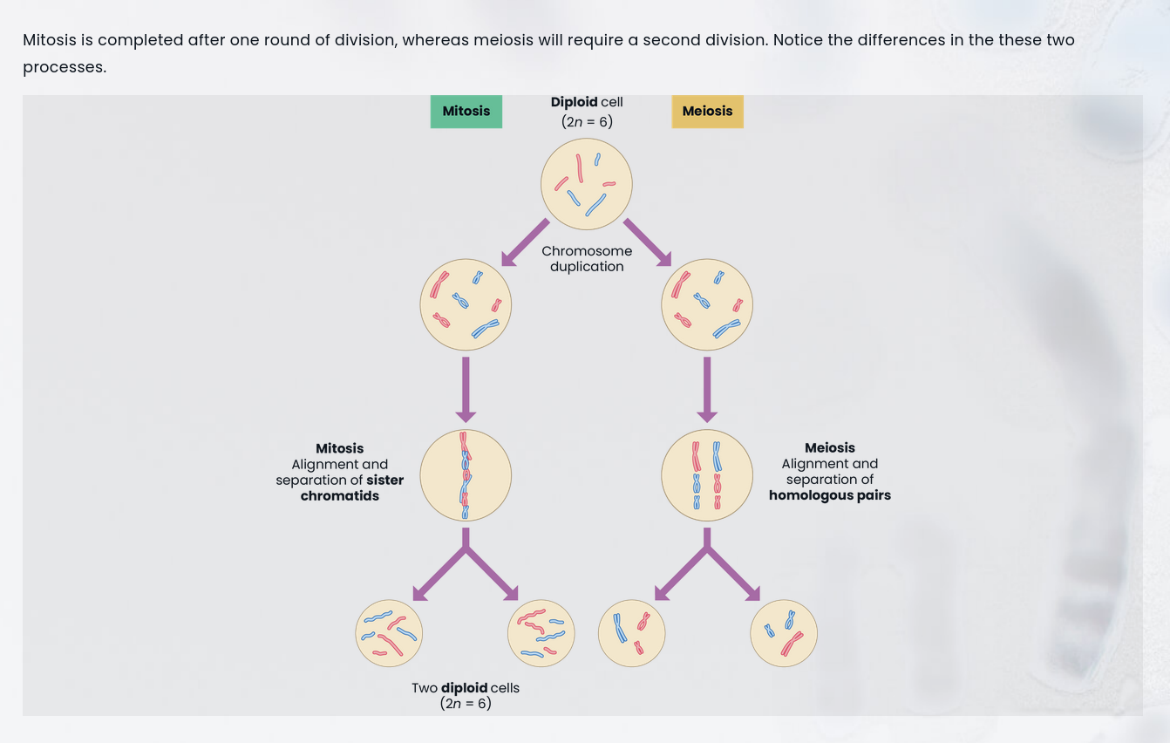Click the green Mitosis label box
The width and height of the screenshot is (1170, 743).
pyautogui.click(x=466, y=112)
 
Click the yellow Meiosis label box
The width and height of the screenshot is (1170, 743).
pyautogui.click(x=707, y=112)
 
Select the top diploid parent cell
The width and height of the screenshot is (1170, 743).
pyautogui.click(x=586, y=184)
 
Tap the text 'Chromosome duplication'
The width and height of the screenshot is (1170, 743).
pyautogui.click(x=587, y=259)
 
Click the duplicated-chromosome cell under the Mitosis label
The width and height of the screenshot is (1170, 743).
pyautogui.click(x=466, y=304)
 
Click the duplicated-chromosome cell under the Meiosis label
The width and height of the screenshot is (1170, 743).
pyautogui.click(x=706, y=304)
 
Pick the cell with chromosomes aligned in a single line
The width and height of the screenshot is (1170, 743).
pyautogui.click(x=466, y=475)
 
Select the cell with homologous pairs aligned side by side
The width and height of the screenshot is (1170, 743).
pyautogui.click(x=706, y=475)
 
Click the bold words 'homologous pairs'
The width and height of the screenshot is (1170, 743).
pyautogui.click(x=829, y=495)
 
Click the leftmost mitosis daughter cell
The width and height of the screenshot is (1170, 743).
pyautogui.click(x=389, y=633)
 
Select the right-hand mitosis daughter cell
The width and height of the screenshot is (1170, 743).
pyautogui.click(x=541, y=633)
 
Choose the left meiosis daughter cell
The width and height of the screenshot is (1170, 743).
pyautogui.click(x=631, y=633)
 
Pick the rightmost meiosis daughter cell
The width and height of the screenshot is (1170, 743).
pyautogui.click(x=783, y=633)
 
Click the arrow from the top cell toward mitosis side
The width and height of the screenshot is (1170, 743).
pyautogui.click(x=525, y=242)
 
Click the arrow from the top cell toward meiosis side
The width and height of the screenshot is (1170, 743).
pyautogui.click(x=648, y=242)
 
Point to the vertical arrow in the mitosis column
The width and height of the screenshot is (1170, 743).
pyautogui.click(x=466, y=388)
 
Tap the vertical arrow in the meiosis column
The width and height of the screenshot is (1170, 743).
pyautogui.click(x=707, y=388)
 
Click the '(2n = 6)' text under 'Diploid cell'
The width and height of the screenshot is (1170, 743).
pyautogui.click(x=587, y=122)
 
